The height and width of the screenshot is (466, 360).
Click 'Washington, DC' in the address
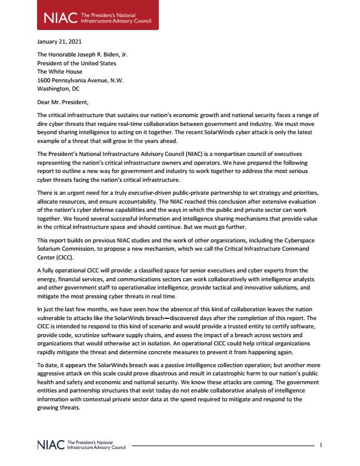(x=58, y=88)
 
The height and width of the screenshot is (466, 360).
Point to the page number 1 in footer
(x=320, y=445)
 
